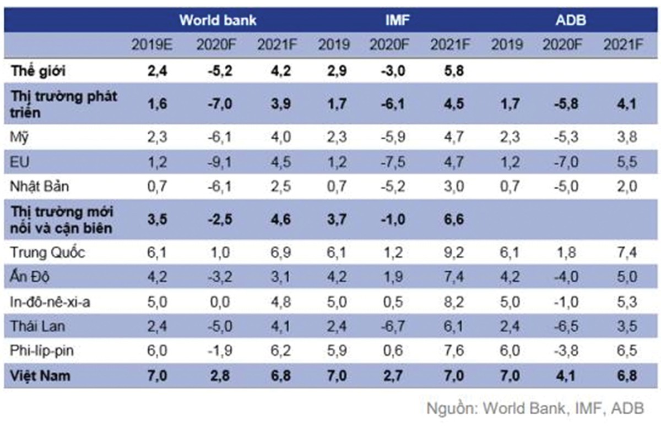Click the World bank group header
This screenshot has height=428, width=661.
pyautogui.click(x=218, y=20)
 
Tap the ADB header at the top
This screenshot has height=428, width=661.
pyautogui.click(x=570, y=20)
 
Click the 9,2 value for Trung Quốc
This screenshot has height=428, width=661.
pyautogui.click(x=454, y=253)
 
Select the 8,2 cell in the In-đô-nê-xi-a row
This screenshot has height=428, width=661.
pyautogui.click(x=454, y=302)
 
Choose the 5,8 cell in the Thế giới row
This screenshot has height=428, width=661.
pyautogui.click(x=454, y=72)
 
